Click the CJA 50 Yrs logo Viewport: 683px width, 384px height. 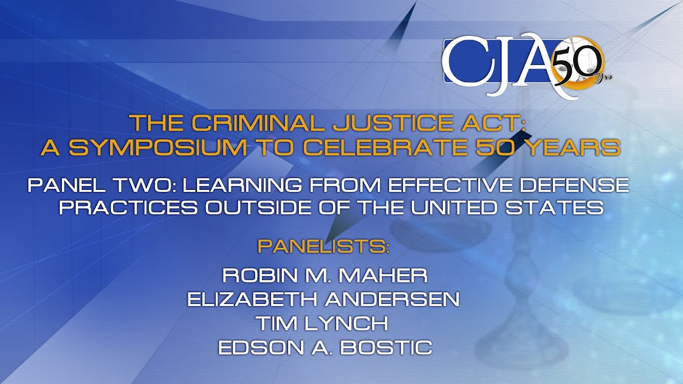526,66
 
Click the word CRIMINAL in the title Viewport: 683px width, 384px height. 259,123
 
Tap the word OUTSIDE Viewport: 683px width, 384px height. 251,207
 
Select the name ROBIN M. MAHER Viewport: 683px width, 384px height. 324,276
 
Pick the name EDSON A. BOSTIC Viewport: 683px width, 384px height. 324,348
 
